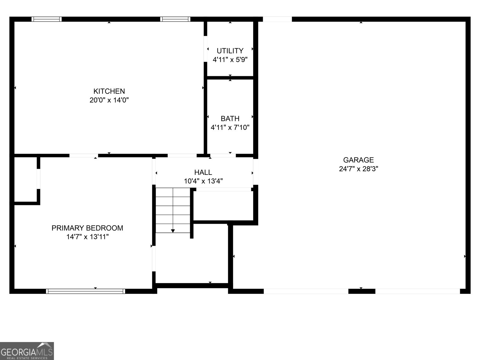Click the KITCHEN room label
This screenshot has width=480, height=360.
(x=109, y=91)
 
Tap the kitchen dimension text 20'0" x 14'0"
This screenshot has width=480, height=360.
(x=109, y=100)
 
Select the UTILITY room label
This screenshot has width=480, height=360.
(x=230, y=51)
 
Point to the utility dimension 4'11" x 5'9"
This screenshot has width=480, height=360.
(x=230, y=59)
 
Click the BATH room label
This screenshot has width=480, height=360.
(x=230, y=118)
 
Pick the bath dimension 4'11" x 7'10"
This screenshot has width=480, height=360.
(x=230, y=127)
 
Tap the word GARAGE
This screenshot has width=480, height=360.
(x=358, y=160)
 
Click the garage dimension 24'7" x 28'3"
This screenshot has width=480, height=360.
(x=358, y=169)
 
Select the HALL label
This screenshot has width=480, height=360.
(x=203, y=172)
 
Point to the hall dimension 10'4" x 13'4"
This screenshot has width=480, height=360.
(x=203, y=181)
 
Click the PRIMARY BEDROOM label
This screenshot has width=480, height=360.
(x=87, y=228)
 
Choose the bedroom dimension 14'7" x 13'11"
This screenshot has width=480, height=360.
(x=87, y=237)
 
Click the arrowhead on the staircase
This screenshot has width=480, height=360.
(x=173, y=231)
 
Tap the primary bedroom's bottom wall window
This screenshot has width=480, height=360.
(x=85, y=291)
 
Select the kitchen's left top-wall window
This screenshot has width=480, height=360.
(x=46, y=19)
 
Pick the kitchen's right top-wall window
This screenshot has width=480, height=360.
(x=175, y=19)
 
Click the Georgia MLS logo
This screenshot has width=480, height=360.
(x=27, y=351)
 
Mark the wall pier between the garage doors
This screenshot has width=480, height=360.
(x=362, y=291)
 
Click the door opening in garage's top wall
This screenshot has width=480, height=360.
(x=277, y=19)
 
